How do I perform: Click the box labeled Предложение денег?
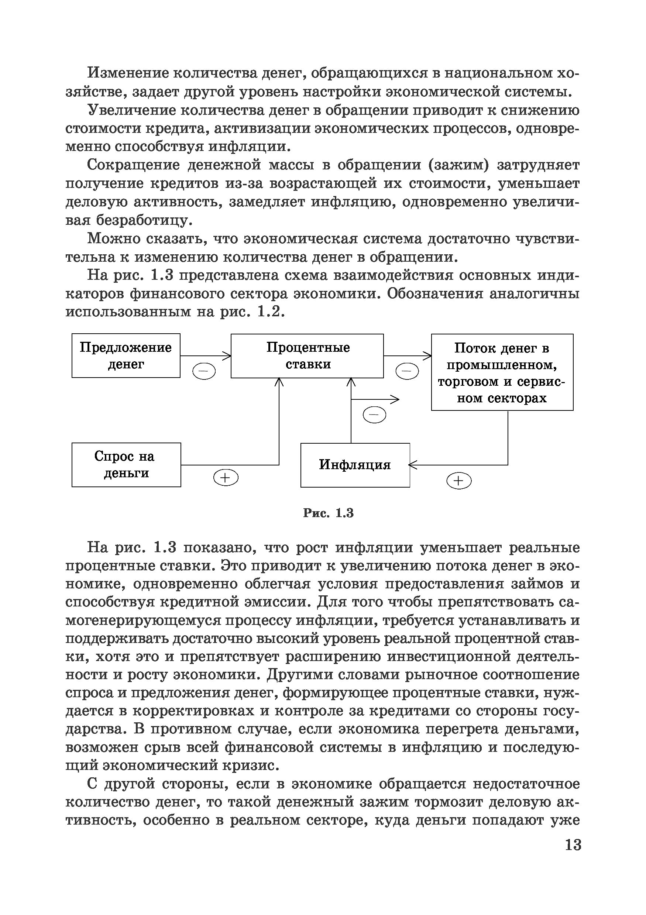(126, 355)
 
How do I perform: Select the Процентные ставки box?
(307, 355)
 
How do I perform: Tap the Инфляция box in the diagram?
(355, 465)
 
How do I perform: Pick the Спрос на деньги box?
(126, 465)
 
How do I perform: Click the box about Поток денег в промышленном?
(502, 372)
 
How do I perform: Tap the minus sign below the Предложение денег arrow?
(204, 371)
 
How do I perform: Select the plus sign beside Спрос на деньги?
(226, 477)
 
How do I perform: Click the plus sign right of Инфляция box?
(459, 481)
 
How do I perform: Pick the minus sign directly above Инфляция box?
(374, 415)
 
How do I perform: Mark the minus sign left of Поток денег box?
(407, 371)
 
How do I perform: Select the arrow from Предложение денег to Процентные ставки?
(205, 355)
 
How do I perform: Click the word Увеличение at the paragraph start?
(131, 110)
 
